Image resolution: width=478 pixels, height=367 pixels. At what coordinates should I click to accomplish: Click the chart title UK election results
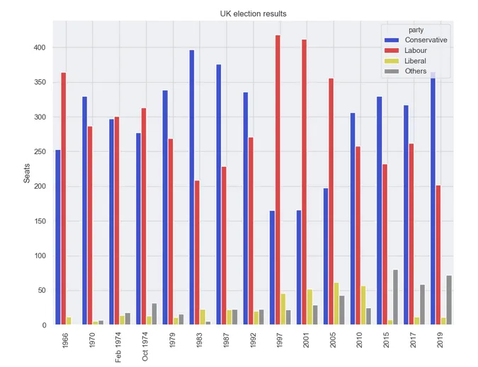pos(254,13)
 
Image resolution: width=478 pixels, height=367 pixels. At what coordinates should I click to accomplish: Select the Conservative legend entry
pos(425,40)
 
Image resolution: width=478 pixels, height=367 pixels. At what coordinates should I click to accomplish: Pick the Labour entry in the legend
pos(416,51)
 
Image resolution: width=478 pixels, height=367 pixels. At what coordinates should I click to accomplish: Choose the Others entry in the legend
pos(416,71)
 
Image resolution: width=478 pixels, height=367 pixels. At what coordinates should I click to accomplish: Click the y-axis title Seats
pos(27,173)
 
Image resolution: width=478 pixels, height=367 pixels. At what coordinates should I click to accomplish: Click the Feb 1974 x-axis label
pos(118,346)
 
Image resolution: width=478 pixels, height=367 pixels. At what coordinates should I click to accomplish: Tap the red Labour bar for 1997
pos(278,180)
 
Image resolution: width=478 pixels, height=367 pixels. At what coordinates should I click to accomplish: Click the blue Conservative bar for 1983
pos(191,187)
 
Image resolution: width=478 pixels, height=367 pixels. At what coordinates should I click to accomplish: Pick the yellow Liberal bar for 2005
pos(336,303)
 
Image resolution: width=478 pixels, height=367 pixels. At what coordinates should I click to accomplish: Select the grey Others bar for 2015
pos(395,297)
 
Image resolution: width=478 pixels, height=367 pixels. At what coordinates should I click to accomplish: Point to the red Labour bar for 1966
pos(63,199)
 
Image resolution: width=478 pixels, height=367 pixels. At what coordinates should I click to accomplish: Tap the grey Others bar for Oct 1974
pos(154,314)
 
